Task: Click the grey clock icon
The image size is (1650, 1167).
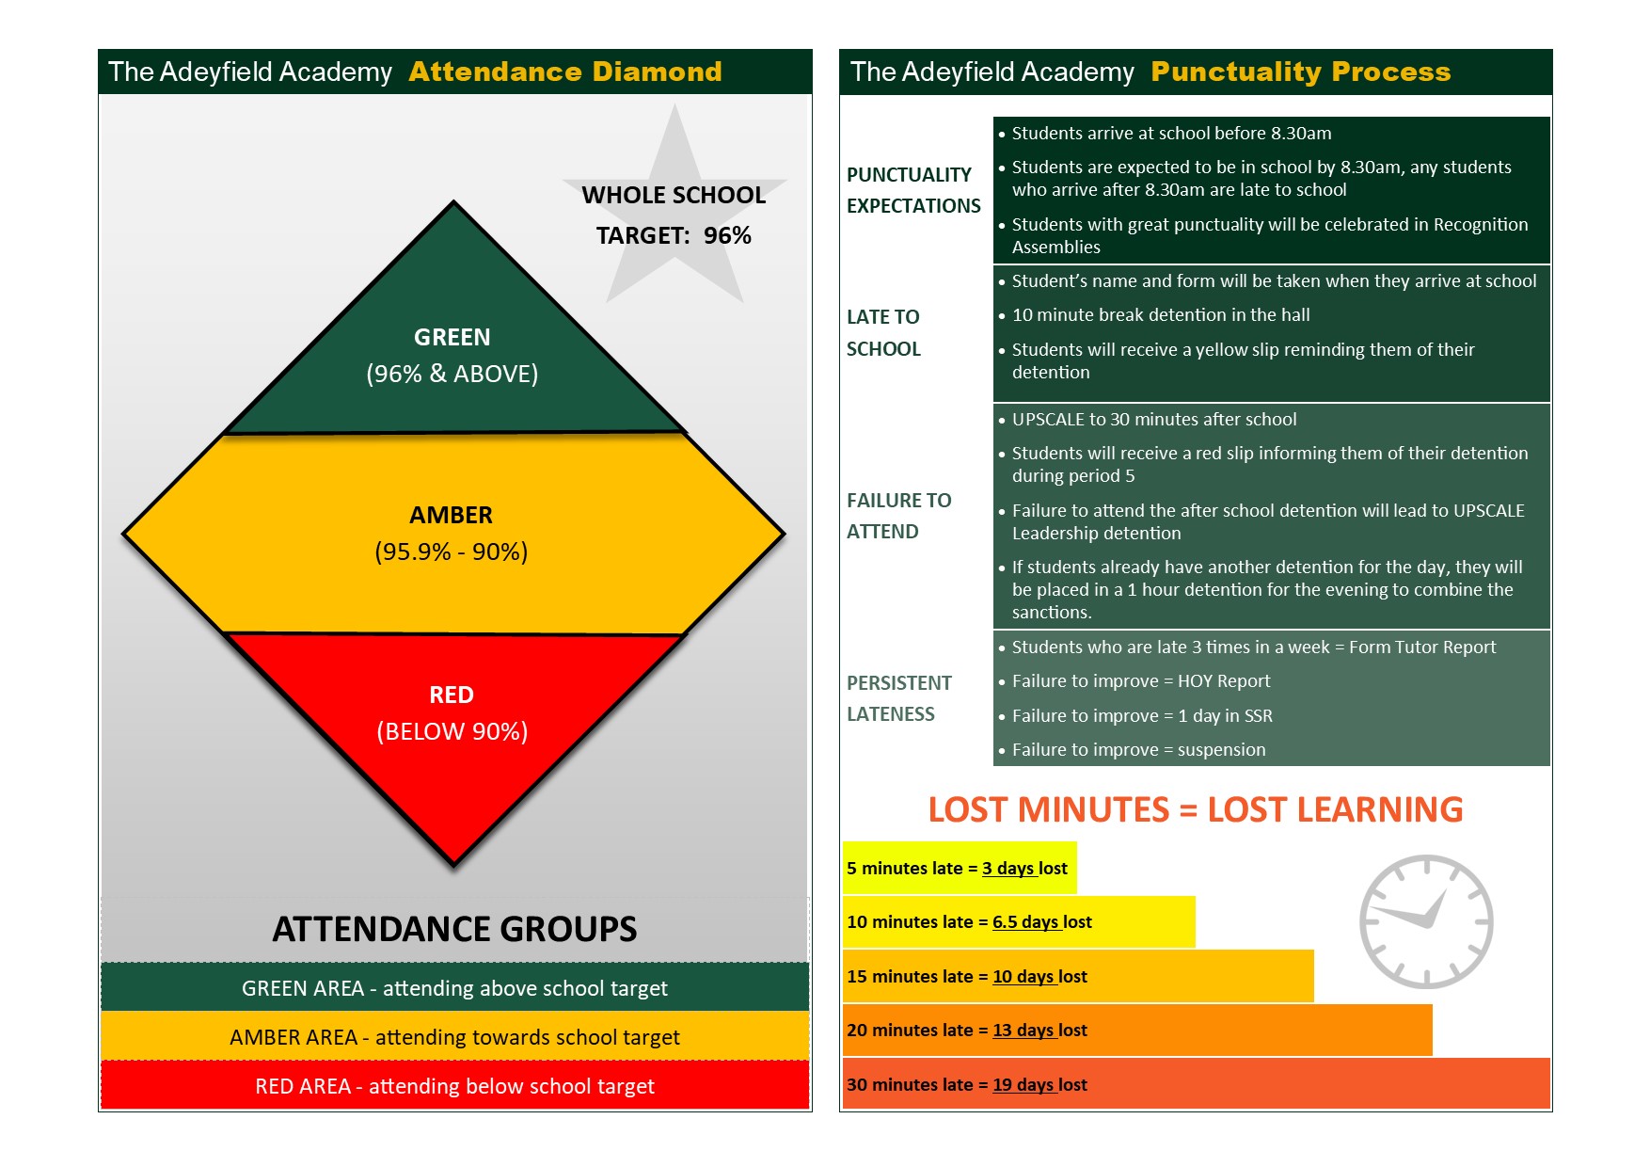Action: pos(1426,921)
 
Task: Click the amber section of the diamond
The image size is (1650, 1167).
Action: pos(452,533)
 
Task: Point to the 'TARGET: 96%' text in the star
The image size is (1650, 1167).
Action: pos(674,235)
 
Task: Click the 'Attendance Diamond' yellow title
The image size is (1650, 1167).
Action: pos(565,72)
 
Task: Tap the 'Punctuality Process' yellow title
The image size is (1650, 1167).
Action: pos(1300,72)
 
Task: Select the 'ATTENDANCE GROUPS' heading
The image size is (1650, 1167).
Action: pos(454,929)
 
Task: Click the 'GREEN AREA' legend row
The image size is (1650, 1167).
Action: pos(454,988)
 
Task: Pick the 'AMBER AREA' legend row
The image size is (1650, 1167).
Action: pos(454,1037)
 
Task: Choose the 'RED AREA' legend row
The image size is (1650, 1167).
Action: pos(454,1086)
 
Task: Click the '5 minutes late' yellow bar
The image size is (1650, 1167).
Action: pos(959,868)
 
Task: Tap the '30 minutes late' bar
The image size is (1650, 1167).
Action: pos(1195,1084)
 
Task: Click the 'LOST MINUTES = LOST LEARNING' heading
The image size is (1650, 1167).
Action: pos(1195,809)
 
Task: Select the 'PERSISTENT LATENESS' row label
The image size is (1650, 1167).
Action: pos(898,698)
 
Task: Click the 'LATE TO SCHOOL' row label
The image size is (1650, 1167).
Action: pos(883,332)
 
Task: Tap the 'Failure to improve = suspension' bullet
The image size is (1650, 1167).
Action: pos(1138,750)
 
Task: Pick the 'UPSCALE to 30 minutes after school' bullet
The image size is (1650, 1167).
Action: pos(1153,420)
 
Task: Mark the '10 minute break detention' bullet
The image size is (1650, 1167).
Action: pos(1160,315)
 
